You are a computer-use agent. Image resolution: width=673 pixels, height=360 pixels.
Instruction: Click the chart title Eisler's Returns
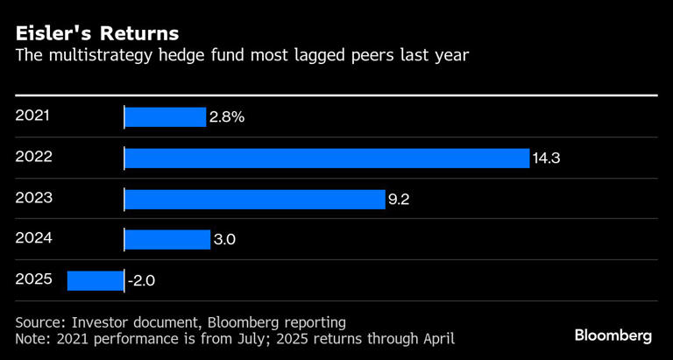(x=96, y=34)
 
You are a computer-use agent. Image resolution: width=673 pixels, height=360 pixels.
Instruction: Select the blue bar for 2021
(x=166, y=116)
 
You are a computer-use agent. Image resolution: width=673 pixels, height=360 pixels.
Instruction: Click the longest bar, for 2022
(x=327, y=158)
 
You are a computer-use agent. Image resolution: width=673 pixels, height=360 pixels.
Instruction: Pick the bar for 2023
(x=255, y=199)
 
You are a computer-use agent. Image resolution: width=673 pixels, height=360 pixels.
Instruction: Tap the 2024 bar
(x=167, y=239)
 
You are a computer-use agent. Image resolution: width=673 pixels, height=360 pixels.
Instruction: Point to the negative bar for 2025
(x=96, y=280)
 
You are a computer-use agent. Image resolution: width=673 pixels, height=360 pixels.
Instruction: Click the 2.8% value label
(x=226, y=116)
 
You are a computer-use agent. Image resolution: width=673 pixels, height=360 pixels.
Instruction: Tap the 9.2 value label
(x=399, y=200)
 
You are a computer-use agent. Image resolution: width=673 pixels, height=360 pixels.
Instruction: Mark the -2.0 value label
(x=141, y=281)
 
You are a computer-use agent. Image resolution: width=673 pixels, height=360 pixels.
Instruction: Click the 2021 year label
(x=34, y=115)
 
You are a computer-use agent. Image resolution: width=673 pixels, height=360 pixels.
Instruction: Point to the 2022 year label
(x=34, y=156)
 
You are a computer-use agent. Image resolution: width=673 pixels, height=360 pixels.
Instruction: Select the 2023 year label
(x=34, y=197)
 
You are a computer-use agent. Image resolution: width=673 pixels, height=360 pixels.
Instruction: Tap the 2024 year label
(x=34, y=238)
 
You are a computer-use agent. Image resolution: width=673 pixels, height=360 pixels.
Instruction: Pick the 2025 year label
(x=34, y=279)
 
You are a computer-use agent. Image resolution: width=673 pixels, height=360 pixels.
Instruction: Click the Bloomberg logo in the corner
(x=613, y=335)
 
